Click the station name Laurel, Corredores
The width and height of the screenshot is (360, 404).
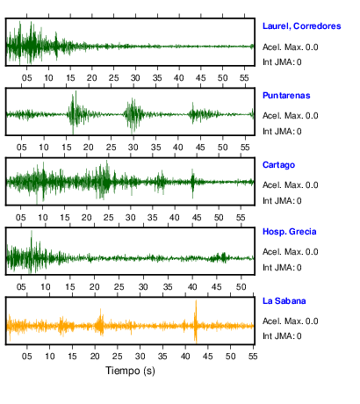pos(301,26)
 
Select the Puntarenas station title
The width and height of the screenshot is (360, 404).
pos(286,96)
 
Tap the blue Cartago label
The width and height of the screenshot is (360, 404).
pos(278,165)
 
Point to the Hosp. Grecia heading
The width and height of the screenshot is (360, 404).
pos(290,232)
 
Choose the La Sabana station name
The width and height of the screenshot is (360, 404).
pos(284,301)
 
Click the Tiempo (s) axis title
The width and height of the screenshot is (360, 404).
pos(130,371)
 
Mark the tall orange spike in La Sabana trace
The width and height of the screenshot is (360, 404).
pos(196,321)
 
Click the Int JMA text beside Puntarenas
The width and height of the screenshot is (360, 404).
pos(282,132)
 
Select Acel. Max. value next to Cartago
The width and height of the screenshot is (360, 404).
pos(290,185)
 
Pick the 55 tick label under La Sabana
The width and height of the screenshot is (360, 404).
pos(253,357)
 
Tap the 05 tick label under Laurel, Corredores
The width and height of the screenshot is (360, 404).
pos(26,78)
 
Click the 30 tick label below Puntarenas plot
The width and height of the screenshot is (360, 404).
pos(133,148)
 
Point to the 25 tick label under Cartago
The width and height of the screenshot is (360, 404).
pos(109,218)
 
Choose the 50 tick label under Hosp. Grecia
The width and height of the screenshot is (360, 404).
pos(241,287)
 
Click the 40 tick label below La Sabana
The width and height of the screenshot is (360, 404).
pos(185,357)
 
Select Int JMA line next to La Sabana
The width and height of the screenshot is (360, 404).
pos(282,336)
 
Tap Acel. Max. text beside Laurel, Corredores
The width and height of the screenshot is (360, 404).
pos(290,47)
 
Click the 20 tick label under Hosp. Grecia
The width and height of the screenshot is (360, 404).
pos(94,287)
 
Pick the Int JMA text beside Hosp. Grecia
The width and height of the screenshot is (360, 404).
pos(282,268)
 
